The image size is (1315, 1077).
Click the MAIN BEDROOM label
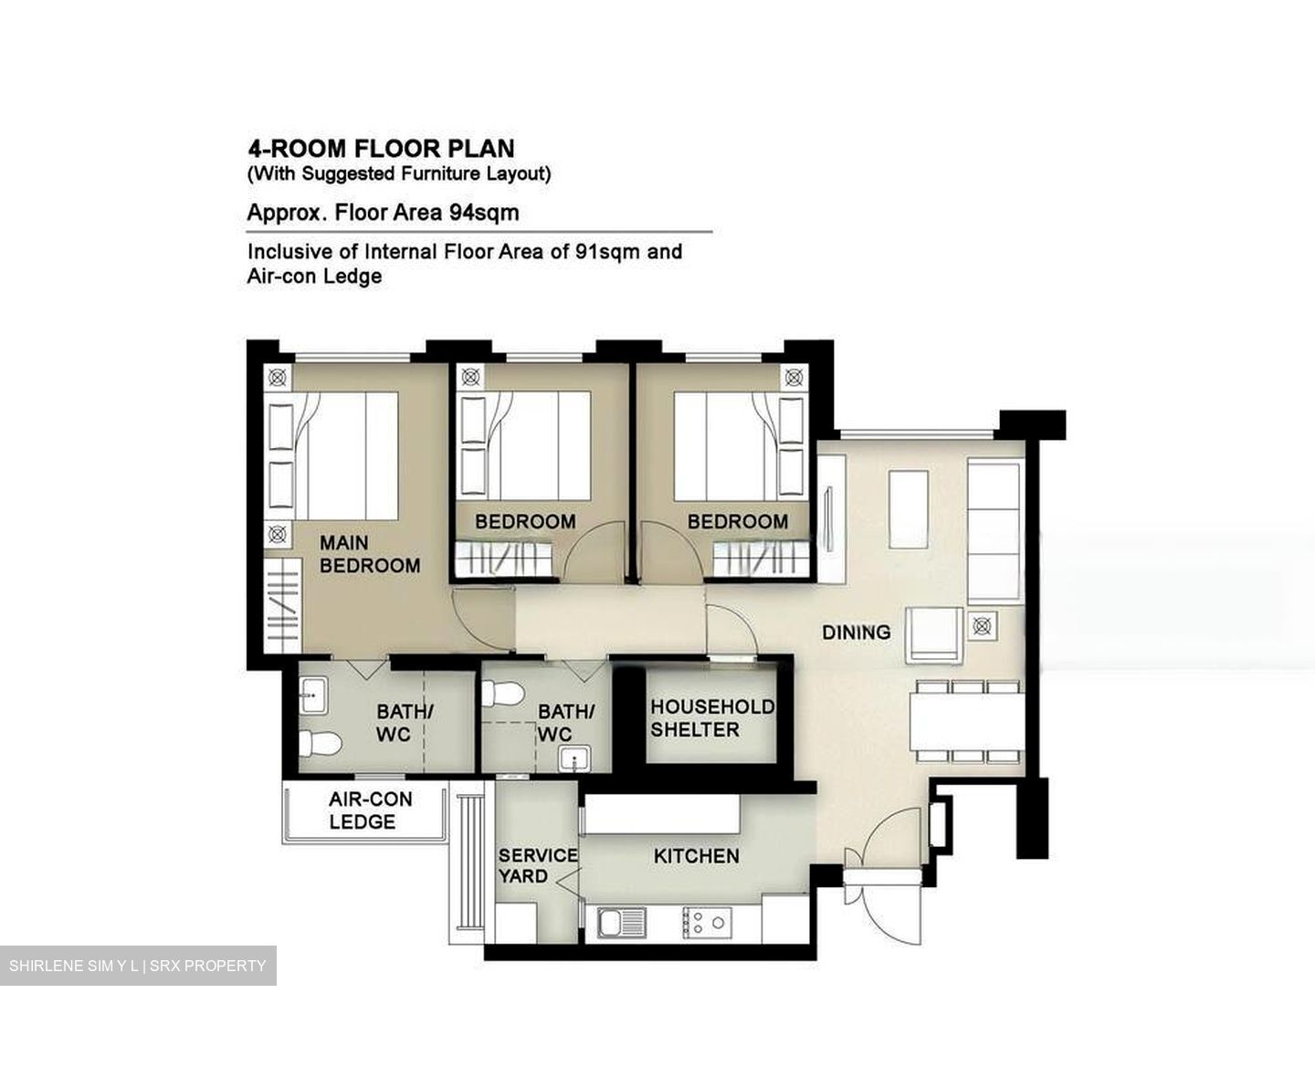(x=370, y=554)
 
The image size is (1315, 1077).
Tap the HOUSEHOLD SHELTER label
(x=712, y=718)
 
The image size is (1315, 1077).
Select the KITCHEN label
(x=697, y=856)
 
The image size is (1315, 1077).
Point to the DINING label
(x=856, y=633)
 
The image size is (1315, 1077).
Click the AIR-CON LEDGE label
(x=371, y=810)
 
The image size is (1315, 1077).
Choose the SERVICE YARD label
(x=538, y=866)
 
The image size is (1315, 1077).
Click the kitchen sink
(x=622, y=923)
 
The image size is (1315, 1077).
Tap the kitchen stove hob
(x=707, y=923)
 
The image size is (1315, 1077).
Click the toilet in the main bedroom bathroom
(x=320, y=744)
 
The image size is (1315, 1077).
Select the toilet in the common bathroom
(x=502, y=694)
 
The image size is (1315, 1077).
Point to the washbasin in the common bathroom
(x=574, y=758)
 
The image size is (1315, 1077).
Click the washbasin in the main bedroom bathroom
(x=312, y=695)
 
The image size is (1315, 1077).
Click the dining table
(x=967, y=721)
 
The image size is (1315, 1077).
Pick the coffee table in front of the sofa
(x=909, y=510)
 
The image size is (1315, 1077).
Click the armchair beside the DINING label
(x=933, y=635)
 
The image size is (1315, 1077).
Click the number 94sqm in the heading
(x=485, y=214)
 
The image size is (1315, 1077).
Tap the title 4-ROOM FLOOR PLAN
(x=382, y=149)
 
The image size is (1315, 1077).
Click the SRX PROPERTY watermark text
(x=207, y=966)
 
